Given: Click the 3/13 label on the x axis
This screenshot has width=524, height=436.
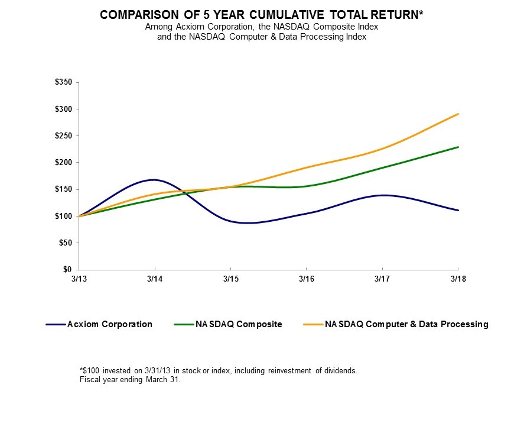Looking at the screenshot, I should coord(79,278).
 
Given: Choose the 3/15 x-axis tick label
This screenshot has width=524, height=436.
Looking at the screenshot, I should coord(230,278).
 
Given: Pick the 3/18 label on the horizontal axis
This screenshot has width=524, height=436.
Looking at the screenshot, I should coord(458,278).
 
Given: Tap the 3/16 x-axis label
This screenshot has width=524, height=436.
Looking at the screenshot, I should coord(306,278).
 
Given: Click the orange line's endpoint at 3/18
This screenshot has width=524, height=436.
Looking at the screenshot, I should coord(458,114).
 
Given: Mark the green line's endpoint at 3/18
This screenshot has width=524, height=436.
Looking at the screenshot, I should coord(458,147).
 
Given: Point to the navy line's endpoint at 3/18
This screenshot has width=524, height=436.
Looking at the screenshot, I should coord(458,210).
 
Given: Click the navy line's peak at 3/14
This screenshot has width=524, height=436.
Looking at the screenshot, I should coord(154,179).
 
